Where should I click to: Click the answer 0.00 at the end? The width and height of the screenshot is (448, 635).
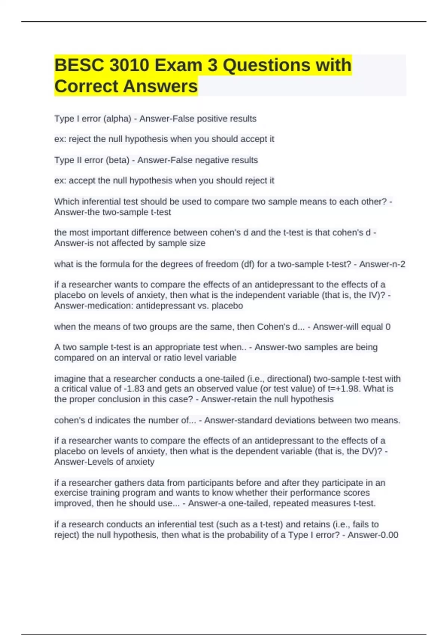[x=389, y=535]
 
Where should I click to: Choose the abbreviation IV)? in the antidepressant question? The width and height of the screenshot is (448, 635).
[x=377, y=295]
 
